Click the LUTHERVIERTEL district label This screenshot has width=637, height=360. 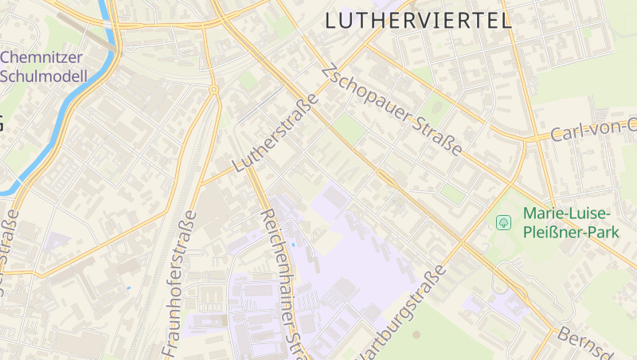tap(419, 21)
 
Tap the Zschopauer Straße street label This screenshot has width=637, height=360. tap(392, 112)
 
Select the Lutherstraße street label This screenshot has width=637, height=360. tap(276, 133)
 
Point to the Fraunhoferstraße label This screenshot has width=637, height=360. tap(180, 284)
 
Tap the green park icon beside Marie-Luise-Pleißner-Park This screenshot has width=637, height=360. tap(503, 222)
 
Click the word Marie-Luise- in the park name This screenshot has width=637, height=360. tap(567, 214)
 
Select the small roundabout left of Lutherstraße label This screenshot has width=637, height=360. tap(213, 90)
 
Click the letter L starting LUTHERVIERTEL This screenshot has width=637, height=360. tap(331, 22)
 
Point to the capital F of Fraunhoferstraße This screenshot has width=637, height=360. tap(170, 350)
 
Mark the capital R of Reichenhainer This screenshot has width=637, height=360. tap(267, 216)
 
